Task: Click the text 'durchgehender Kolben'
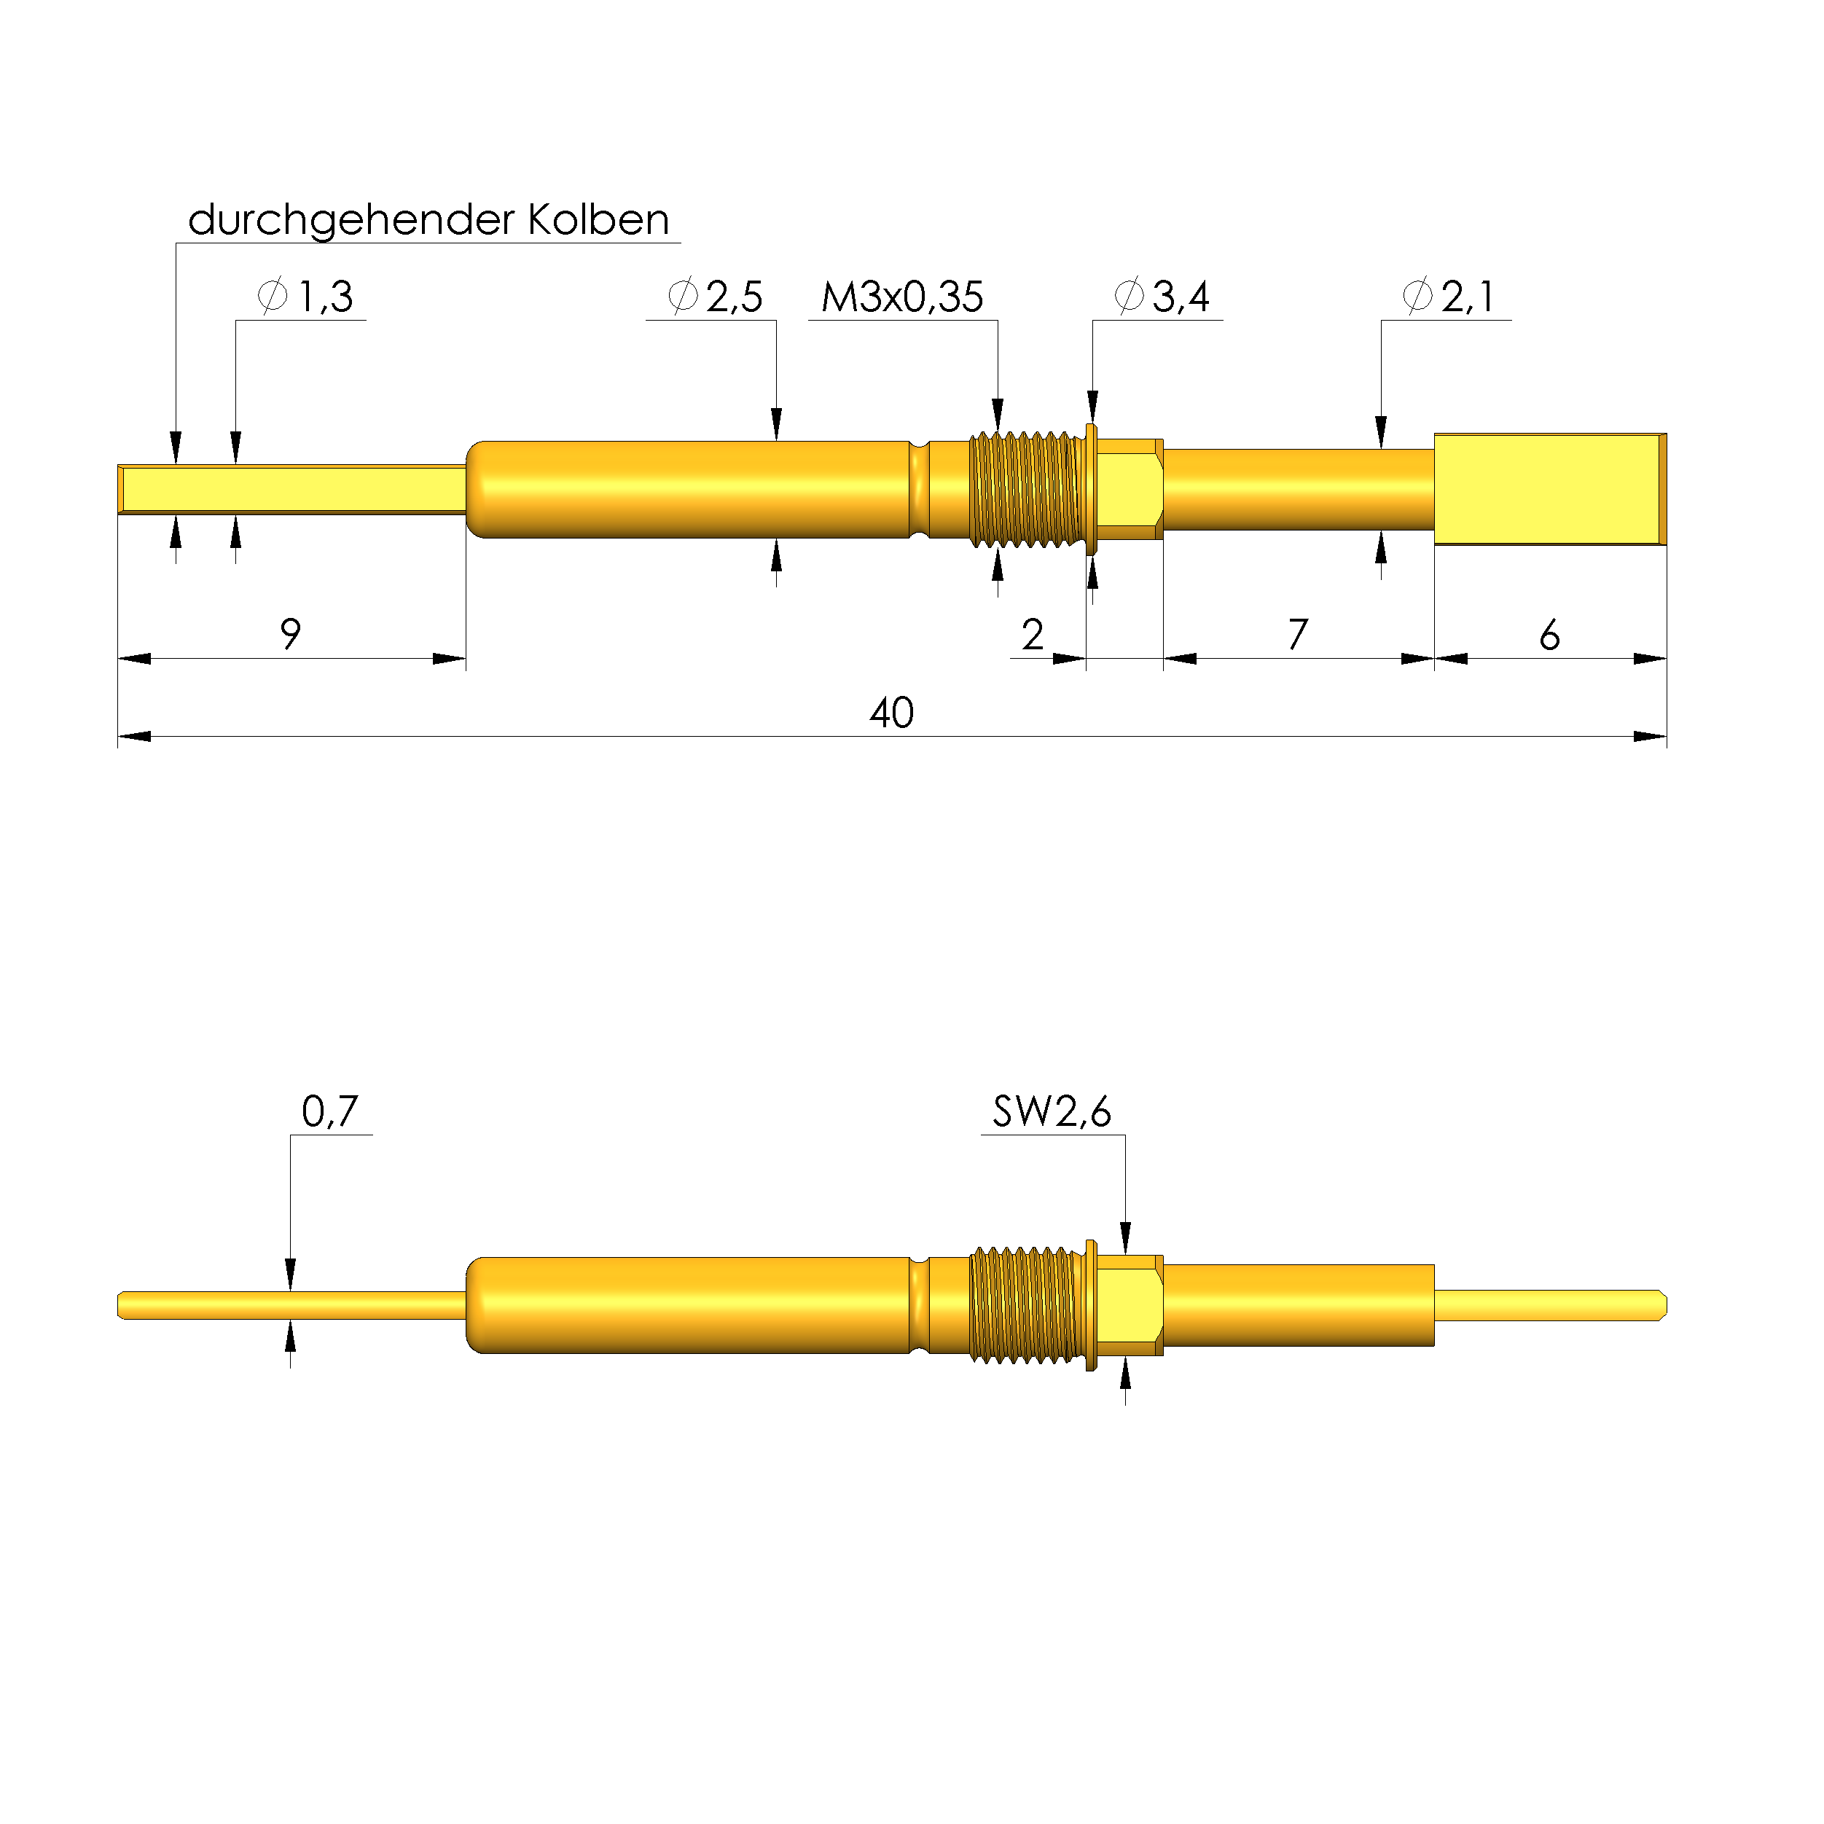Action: (x=428, y=221)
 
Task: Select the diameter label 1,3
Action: (x=306, y=297)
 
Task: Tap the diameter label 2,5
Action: (x=716, y=297)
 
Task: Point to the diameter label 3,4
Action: (x=1162, y=297)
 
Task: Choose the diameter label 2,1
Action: (x=1449, y=297)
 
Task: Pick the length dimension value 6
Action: (x=1549, y=635)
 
